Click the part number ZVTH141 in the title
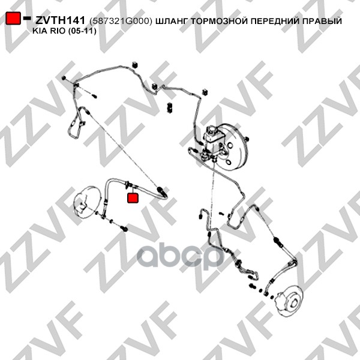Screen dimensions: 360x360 tap(60, 20)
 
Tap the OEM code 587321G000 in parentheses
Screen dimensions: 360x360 tap(121, 21)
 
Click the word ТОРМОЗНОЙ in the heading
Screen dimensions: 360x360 tap(220, 21)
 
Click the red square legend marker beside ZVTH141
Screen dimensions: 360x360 tap(13, 18)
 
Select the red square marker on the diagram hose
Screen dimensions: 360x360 tap(133, 198)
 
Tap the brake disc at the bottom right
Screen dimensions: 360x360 tap(289, 301)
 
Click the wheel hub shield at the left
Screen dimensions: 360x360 tap(87, 202)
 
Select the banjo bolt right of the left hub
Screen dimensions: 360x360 tap(124, 228)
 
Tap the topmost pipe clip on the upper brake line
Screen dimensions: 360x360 tap(135, 65)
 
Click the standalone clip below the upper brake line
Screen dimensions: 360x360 tap(169, 107)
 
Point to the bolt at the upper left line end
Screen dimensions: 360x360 tap(64, 78)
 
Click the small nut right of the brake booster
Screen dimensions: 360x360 tap(247, 139)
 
